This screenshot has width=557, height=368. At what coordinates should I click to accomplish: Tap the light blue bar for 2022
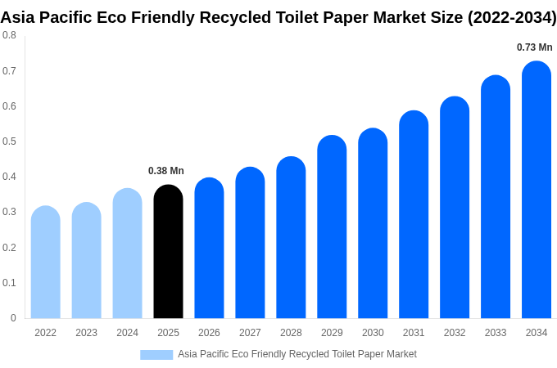click(45, 263)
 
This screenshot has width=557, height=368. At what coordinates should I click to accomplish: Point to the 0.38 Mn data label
click(166, 171)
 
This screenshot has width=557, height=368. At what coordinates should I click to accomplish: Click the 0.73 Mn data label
click(534, 47)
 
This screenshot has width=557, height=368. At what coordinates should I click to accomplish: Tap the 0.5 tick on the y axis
click(9, 141)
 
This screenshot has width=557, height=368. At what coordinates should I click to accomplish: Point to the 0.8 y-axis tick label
click(9, 35)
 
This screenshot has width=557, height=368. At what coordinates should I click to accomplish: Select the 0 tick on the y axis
click(13, 318)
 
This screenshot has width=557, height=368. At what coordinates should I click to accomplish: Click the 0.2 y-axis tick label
click(9, 248)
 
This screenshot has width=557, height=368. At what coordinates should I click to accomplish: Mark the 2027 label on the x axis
click(250, 333)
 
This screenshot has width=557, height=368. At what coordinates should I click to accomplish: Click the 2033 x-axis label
click(496, 333)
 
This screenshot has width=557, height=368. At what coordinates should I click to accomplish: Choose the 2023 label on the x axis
click(86, 333)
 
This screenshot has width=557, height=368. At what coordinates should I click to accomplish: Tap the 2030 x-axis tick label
click(373, 333)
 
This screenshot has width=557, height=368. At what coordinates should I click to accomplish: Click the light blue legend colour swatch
click(156, 355)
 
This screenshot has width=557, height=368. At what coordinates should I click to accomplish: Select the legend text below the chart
click(297, 354)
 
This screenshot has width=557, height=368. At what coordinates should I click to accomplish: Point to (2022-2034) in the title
click(512, 17)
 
